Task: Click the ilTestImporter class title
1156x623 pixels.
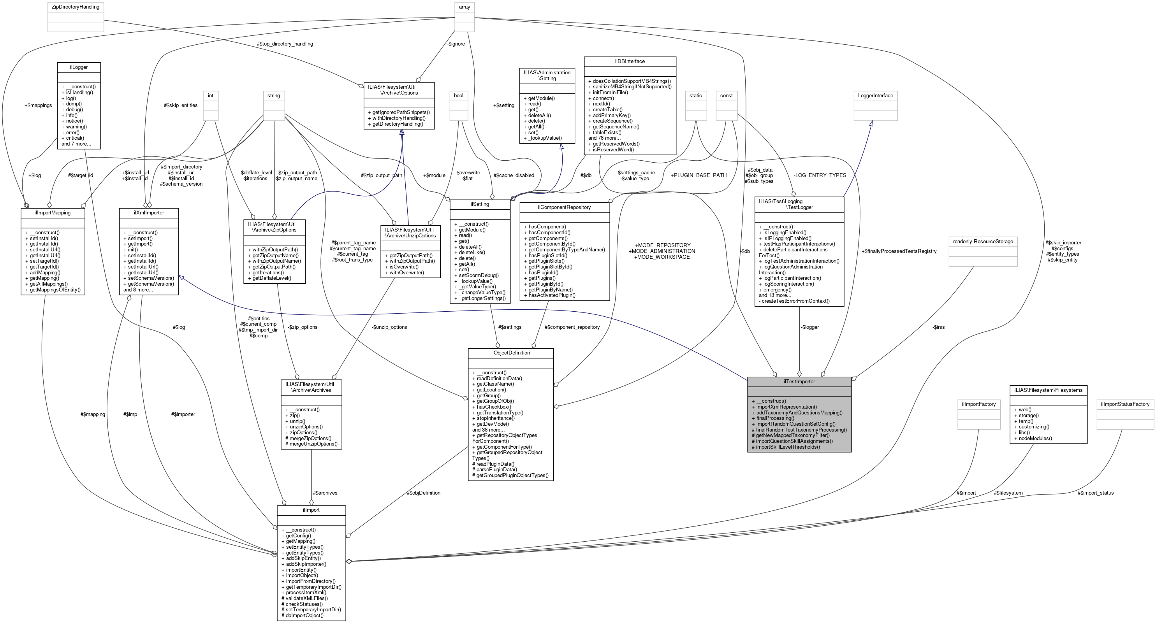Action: tap(799, 381)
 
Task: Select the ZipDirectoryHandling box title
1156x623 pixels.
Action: tap(76, 7)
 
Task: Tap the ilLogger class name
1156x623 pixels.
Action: tap(79, 67)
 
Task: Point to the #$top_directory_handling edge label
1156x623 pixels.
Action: tap(285, 44)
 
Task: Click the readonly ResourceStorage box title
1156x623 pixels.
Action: tap(983, 241)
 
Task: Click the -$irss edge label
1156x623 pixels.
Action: tap(938, 327)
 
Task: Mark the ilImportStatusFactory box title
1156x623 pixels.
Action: tap(1125, 404)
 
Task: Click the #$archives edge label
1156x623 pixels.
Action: tap(324, 493)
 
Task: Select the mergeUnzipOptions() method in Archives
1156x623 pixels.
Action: tap(311, 444)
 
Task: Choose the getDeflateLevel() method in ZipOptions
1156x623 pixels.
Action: tap(271, 278)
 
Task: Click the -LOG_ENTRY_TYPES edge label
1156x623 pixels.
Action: tap(820, 175)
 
